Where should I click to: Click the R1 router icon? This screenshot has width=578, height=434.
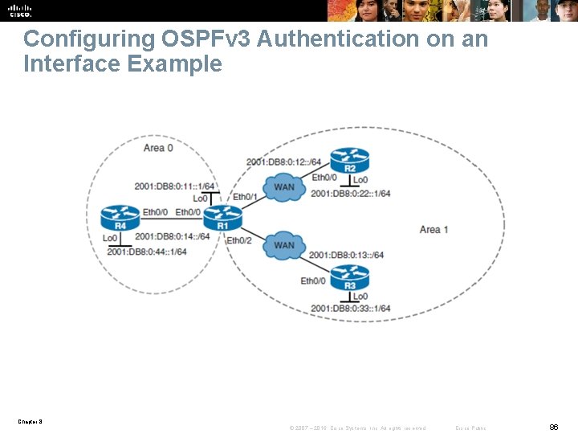point(222,218)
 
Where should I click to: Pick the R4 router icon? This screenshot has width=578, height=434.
point(120,218)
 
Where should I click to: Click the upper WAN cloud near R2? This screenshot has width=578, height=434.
point(284,187)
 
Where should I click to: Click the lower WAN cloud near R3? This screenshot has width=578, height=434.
point(284,245)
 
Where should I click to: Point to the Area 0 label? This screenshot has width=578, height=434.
point(158,148)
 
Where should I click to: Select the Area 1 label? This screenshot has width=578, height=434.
point(433,230)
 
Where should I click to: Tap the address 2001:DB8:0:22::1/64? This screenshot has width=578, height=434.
point(350,194)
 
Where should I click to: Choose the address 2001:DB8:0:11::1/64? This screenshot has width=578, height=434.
point(174,186)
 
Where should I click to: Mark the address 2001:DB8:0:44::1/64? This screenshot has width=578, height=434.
point(147,252)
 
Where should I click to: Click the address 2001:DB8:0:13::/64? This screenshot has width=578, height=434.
point(346,256)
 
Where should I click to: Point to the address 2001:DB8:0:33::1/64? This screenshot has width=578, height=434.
point(350,309)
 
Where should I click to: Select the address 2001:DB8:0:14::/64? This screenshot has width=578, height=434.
point(173,236)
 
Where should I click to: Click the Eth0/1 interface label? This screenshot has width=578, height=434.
point(245,197)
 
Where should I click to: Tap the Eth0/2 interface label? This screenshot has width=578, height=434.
point(239,240)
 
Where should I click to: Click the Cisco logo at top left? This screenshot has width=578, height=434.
point(20,10)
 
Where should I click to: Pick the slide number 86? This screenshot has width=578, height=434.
point(554,428)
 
